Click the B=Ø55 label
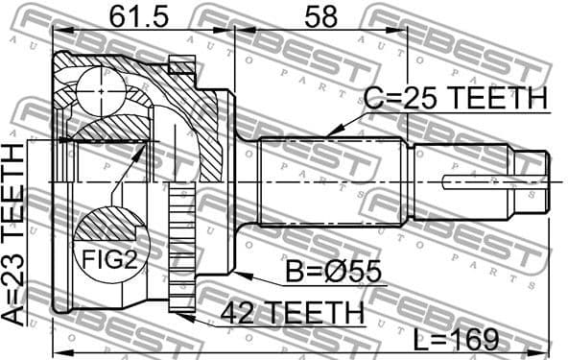point(332,274)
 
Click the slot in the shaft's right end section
point(470,180)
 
